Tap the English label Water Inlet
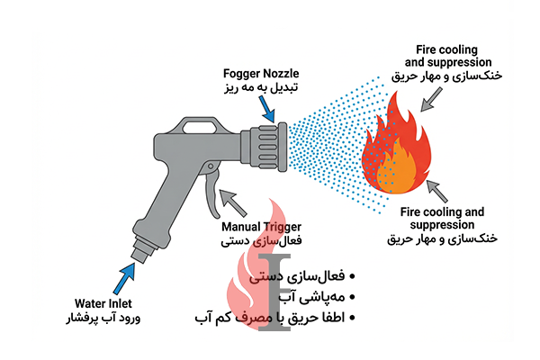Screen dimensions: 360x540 106,303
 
